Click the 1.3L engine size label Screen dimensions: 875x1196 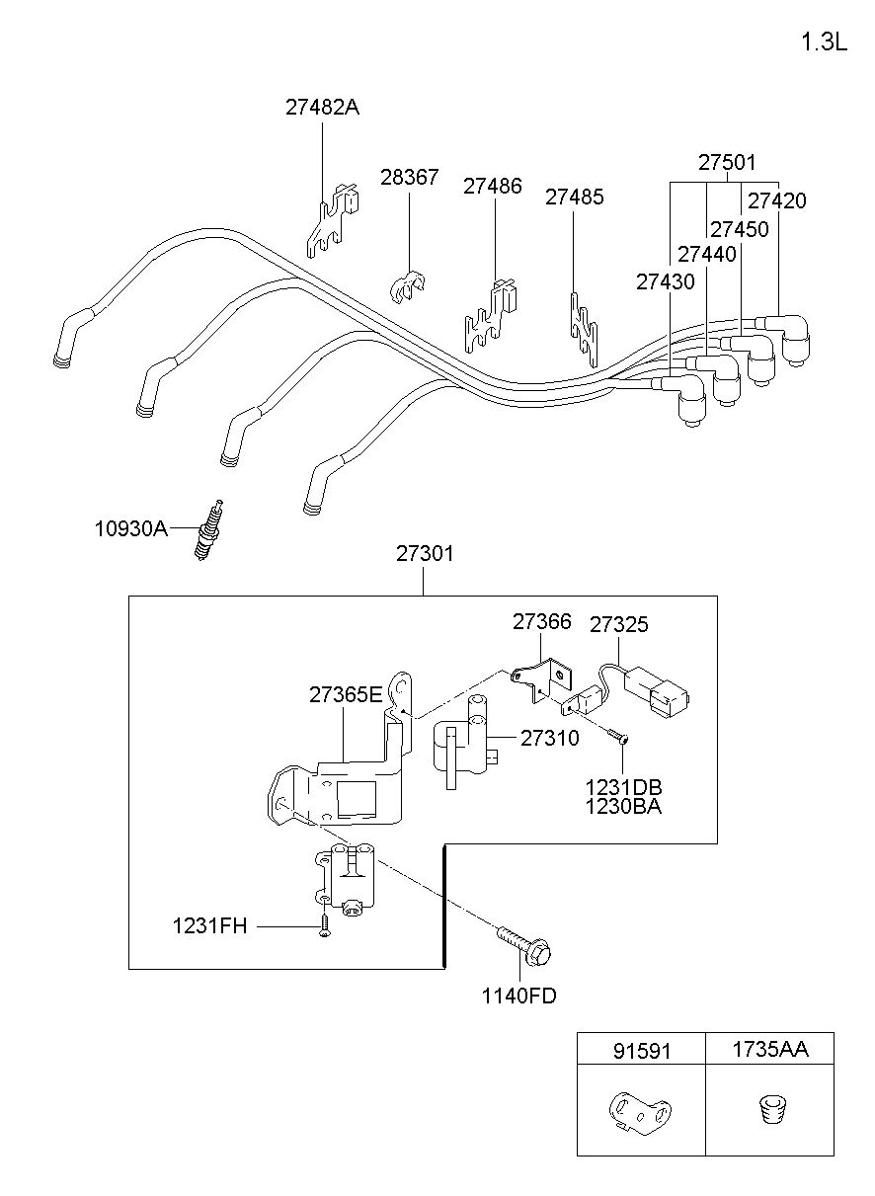824,41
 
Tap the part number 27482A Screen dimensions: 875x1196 322,108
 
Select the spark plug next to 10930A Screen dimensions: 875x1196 208,529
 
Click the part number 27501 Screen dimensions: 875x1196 727,162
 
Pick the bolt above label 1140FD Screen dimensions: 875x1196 524,944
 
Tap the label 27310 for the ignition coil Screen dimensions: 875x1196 549,738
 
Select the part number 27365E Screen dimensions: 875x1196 346,694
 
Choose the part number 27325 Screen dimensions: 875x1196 619,624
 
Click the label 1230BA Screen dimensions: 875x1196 623,807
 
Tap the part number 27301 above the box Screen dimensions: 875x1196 425,554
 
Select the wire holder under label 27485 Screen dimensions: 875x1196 584,330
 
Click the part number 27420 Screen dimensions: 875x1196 777,200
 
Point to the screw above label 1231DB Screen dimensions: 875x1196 619,737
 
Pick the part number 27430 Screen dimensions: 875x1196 666,281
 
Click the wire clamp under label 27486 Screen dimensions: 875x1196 492,315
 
